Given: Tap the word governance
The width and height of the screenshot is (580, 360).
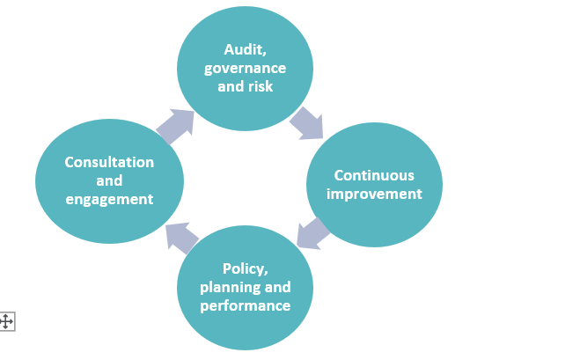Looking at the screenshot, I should click(245, 69).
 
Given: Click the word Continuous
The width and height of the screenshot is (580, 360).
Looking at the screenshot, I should click(374, 175).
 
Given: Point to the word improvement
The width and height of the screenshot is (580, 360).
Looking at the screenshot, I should click(374, 194).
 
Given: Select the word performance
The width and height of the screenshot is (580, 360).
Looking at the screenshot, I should click(245, 306).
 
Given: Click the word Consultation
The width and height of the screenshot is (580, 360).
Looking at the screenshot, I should click(109, 162).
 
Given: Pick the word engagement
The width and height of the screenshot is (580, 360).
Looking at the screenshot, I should click(109, 199).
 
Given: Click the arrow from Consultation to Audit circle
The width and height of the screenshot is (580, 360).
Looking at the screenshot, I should click(175, 126).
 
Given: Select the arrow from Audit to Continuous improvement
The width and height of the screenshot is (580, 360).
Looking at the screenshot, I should click(306, 122).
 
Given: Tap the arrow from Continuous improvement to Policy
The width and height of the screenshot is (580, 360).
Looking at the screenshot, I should click(312, 232).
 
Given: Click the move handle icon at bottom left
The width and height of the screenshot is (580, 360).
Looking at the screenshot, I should click(6, 321).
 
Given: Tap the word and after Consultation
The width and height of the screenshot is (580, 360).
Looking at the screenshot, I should click(109, 180).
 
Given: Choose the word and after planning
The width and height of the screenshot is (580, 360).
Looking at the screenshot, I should click(276, 288).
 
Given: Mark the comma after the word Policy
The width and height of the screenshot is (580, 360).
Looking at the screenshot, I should click(266, 272).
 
